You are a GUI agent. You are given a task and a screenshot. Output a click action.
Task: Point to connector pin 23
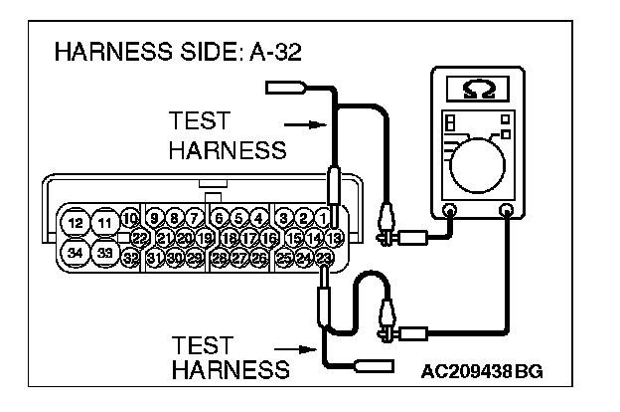(325, 257)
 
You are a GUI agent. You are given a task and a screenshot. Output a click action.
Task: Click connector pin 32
(131, 257)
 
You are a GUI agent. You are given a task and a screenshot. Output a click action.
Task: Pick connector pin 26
(258, 257)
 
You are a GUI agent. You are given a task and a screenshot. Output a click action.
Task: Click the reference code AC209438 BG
(482, 372)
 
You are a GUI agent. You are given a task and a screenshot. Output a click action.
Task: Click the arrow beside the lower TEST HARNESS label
(301, 349)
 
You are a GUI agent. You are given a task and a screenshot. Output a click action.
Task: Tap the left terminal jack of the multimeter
(449, 210)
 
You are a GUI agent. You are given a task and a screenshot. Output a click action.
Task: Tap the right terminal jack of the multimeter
(507, 210)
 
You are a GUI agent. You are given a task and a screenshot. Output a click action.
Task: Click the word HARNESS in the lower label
(230, 370)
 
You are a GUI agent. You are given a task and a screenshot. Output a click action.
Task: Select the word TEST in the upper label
(200, 122)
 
